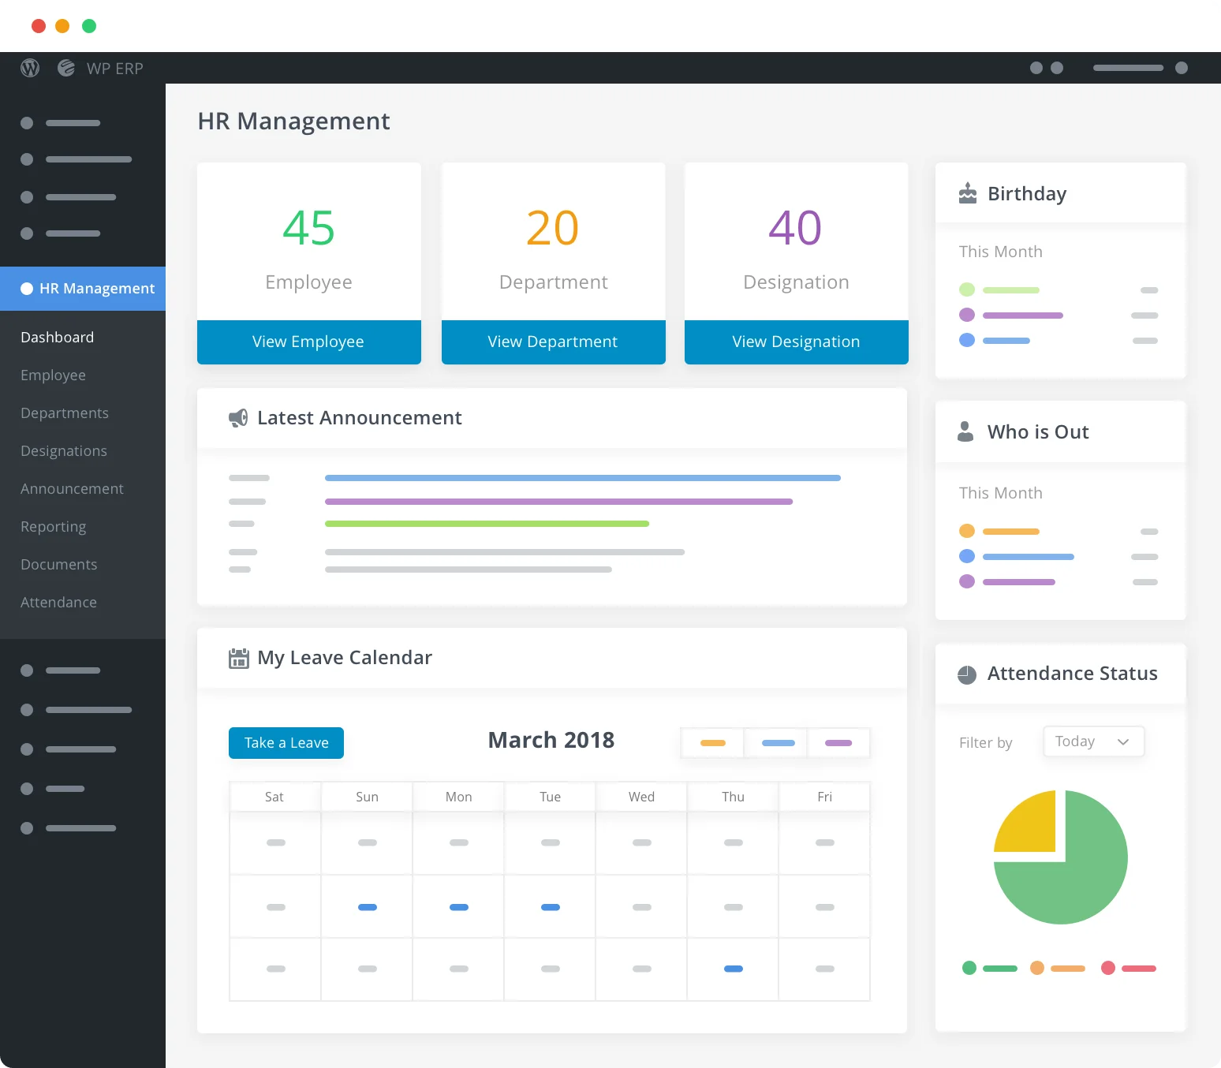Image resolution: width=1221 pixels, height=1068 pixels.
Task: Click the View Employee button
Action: click(308, 342)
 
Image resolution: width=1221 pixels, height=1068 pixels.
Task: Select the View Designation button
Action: click(796, 342)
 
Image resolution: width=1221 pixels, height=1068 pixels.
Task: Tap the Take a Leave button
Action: click(286, 743)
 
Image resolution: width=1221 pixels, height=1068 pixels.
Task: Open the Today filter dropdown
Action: click(1093, 741)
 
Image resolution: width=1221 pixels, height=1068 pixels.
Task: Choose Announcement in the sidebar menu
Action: click(72, 489)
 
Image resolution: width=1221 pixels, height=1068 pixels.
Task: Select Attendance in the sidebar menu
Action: click(58, 603)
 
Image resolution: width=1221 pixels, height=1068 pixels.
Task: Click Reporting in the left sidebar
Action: click(54, 527)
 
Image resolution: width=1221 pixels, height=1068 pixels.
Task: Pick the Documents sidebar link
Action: click(59, 565)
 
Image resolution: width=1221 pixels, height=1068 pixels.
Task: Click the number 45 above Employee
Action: click(308, 228)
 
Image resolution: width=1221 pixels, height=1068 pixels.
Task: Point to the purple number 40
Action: click(795, 228)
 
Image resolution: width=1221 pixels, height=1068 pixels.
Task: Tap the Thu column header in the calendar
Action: click(733, 797)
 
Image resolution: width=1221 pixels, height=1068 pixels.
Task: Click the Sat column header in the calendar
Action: click(274, 797)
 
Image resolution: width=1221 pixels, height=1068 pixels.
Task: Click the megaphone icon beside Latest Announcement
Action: click(238, 418)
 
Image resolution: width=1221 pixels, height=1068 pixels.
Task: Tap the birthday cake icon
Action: click(967, 193)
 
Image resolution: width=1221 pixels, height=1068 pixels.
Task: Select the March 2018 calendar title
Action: click(551, 740)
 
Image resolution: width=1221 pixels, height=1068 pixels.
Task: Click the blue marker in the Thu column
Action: click(734, 969)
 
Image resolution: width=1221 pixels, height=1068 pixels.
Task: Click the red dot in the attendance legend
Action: click(1108, 968)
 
